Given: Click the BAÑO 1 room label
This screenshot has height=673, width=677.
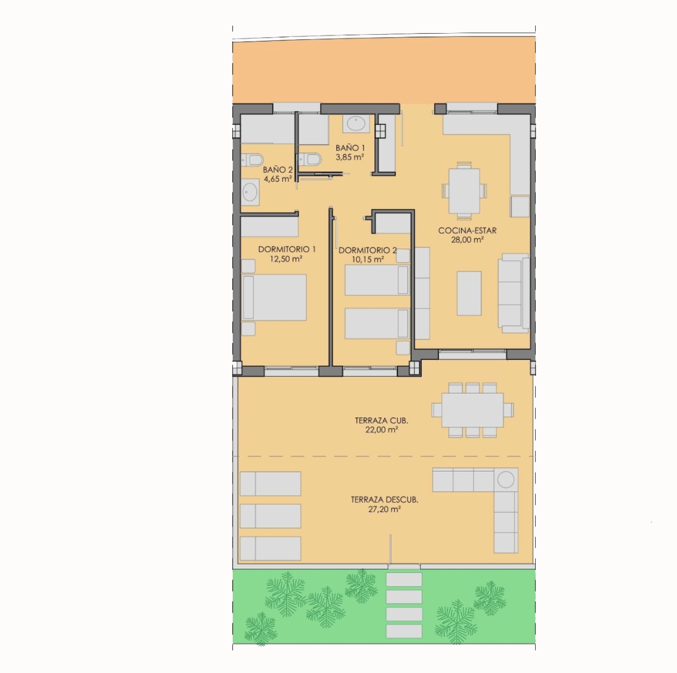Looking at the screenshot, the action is [350, 148].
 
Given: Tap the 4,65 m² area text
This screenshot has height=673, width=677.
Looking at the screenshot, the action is [278, 179].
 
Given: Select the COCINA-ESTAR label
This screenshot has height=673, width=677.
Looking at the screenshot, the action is [467, 231].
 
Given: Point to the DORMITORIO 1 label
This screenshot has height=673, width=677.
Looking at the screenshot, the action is [287, 250].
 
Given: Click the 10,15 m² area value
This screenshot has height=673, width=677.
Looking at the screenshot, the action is [368, 259].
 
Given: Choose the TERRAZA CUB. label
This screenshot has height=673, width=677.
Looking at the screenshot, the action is [381, 420].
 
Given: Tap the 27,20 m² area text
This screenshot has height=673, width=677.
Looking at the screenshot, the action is [385, 509].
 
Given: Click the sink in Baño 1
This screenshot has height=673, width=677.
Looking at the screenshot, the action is [356, 124].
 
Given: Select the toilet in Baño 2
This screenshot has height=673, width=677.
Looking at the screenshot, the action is [252, 160].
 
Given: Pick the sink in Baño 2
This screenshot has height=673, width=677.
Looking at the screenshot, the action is [250, 192].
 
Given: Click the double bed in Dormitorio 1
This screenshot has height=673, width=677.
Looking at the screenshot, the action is [274, 297].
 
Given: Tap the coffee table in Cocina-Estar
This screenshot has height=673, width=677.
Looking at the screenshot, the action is [469, 293].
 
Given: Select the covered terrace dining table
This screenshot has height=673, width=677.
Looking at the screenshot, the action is [472, 410].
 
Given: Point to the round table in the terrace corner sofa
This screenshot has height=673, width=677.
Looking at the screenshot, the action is [506, 480].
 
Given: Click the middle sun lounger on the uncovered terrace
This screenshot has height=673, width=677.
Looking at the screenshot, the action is [270, 516].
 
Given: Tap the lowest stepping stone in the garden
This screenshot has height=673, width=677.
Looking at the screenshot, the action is [404, 631].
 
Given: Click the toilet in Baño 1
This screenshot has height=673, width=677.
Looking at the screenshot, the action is [310, 159].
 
